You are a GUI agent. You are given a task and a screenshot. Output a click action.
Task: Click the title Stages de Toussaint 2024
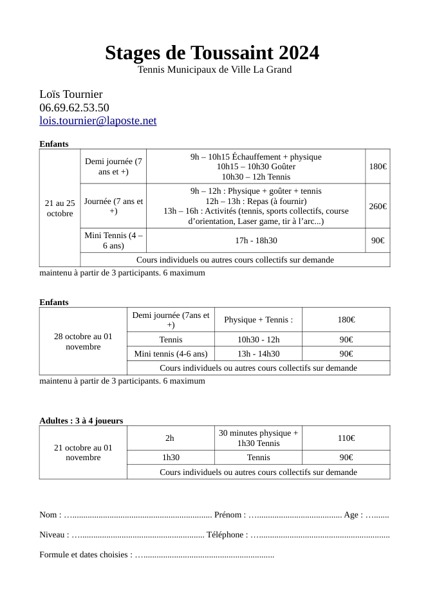(212, 52)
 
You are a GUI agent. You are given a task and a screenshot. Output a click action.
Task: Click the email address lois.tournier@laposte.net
(98, 120)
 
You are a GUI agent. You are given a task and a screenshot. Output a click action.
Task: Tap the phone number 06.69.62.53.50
(74, 107)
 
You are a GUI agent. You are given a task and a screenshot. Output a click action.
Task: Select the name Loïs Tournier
(71, 94)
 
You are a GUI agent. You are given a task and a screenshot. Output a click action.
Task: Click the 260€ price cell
(378, 206)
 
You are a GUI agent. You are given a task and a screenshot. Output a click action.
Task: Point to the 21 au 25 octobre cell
(60, 208)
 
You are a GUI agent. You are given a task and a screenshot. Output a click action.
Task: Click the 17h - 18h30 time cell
(256, 240)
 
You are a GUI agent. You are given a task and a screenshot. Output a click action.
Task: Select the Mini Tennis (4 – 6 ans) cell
(114, 240)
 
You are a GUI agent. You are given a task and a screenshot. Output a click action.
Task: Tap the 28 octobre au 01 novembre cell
(83, 341)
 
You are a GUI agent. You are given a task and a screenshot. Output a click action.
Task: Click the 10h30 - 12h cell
(258, 339)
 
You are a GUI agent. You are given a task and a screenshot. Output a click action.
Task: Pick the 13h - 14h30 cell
(258, 353)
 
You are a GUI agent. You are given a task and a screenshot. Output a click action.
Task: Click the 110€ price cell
(346, 438)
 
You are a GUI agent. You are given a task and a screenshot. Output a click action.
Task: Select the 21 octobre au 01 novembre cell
(83, 452)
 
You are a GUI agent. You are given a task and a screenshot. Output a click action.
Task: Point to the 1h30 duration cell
(171, 457)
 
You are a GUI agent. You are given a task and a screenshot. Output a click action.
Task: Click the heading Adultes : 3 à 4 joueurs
(81, 420)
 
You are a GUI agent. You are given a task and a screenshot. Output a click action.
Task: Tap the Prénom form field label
(230, 514)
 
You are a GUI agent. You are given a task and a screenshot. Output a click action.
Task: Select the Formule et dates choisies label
(86, 554)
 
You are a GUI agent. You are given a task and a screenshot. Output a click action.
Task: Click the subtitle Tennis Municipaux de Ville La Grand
(214, 70)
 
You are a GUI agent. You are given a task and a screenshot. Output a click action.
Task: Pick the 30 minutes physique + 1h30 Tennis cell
(258, 438)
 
